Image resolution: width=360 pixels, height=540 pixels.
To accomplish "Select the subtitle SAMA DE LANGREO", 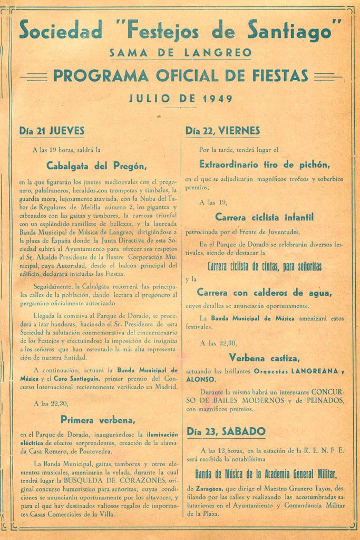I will [180, 53].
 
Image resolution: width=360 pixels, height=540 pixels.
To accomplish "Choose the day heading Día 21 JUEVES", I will [52, 130].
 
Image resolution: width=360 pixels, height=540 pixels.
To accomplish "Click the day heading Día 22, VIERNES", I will [223, 130].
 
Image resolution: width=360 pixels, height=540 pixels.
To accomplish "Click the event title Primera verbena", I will [99, 420].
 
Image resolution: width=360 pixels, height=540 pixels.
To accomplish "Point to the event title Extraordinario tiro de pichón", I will [265, 163].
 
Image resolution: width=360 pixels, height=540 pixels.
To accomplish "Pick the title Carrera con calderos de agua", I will [265, 292].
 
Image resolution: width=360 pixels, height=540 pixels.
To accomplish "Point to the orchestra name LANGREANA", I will [314, 371].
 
